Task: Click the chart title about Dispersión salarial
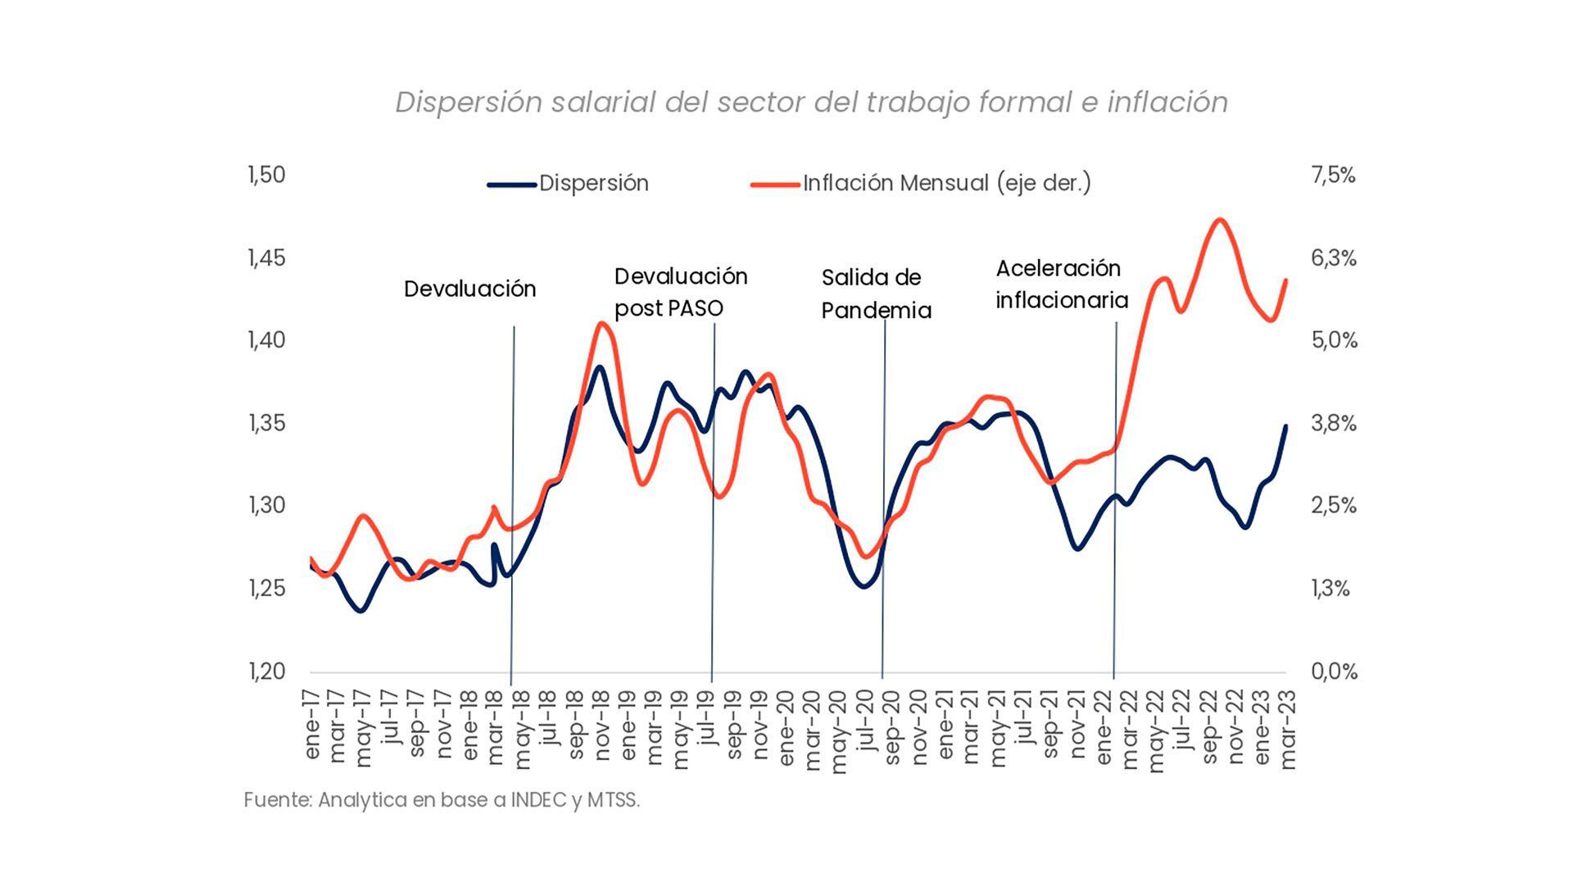tap(811, 102)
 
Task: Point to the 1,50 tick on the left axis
tap(266, 175)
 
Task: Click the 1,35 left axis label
tap(266, 424)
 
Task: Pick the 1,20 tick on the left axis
tap(266, 671)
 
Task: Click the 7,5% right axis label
tap(1333, 175)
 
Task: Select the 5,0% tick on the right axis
tap(1334, 340)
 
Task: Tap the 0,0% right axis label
tap(1334, 671)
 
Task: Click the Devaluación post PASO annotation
tap(681, 292)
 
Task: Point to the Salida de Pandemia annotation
tap(876, 294)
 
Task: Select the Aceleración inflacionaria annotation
tap(1062, 284)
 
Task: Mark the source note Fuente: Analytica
tap(442, 800)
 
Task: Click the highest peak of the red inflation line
tap(1219, 220)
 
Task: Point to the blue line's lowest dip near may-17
tap(361, 611)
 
